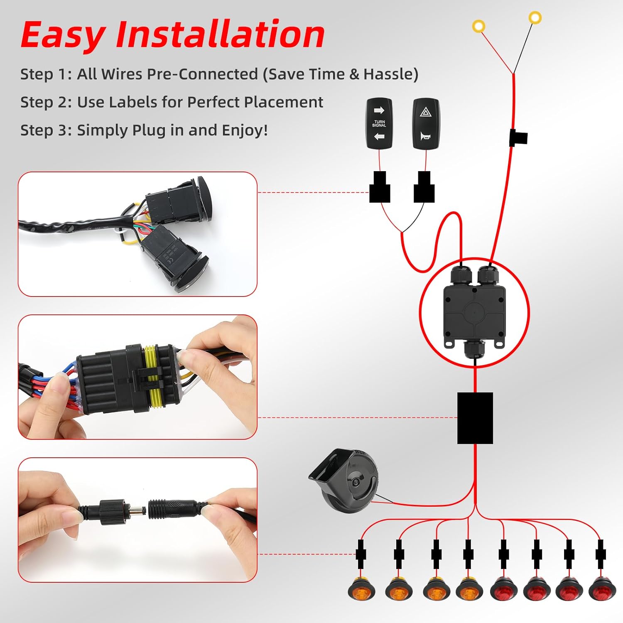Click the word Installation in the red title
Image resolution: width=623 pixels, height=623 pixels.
(x=220, y=35)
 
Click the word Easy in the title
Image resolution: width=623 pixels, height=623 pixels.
(x=62, y=35)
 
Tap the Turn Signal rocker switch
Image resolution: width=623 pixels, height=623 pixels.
(x=379, y=123)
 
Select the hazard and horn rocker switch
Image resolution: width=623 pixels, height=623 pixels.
(x=426, y=123)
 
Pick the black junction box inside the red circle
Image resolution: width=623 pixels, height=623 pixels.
(x=474, y=311)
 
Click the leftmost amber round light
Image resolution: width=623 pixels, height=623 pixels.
(x=361, y=588)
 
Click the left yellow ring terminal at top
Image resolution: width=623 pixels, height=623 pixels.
(x=478, y=26)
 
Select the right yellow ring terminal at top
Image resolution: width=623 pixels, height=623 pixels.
(x=535, y=17)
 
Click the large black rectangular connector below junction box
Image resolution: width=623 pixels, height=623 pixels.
(x=475, y=418)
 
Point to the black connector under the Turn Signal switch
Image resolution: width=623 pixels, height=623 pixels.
(x=380, y=187)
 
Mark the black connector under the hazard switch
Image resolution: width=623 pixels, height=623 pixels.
(x=424, y=187)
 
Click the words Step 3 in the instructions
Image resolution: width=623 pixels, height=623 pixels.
(x=46, y=130)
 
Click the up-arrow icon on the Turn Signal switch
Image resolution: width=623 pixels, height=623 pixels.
(x=379, y=110)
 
